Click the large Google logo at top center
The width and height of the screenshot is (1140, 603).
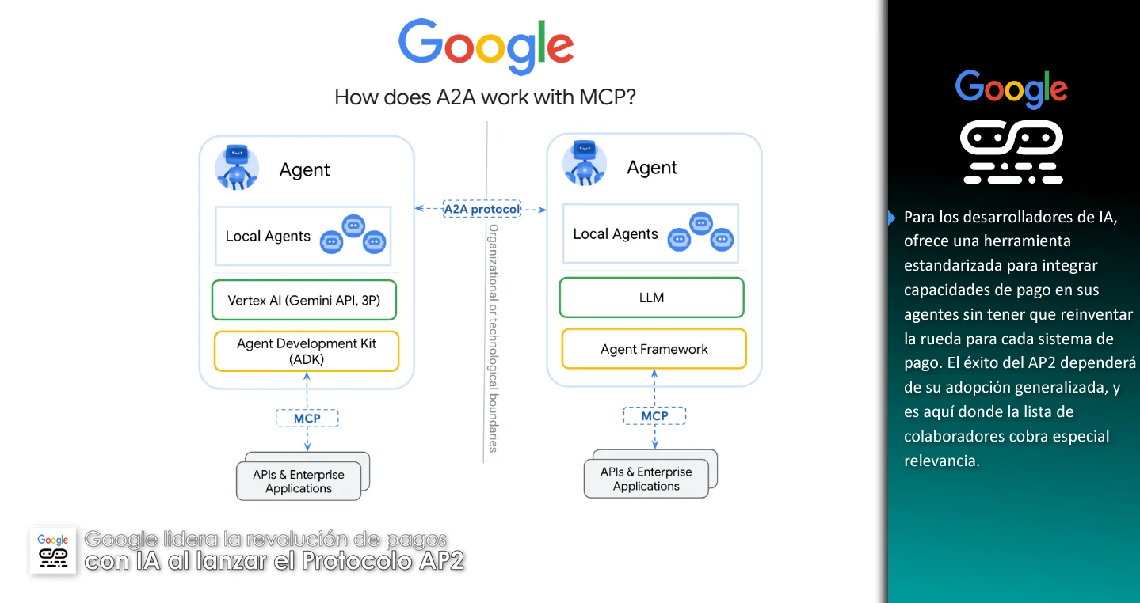[486, 46]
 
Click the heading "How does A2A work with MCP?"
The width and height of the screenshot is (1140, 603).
[486, 97]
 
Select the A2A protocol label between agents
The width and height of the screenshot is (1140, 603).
[482, 209]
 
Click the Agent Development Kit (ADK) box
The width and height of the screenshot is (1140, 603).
[307, 351]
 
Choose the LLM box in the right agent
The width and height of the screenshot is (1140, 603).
[651, 298]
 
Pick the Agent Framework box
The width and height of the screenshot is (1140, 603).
[654, 349]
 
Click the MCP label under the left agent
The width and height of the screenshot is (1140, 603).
[307, 418]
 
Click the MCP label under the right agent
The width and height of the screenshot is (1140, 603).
[654, 415]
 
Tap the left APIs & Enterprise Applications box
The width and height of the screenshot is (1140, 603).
[299, 481]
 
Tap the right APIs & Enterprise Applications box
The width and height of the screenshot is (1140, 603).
[646, 479]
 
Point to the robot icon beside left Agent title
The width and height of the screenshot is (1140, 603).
[237, 167]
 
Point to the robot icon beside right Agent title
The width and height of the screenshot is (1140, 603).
[585, 164]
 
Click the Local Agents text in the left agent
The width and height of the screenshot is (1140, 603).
[268, 237]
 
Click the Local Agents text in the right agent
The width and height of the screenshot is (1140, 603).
[616, 234]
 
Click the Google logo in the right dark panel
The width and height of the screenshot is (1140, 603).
[1011, 89]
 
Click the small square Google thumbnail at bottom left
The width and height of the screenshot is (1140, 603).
[53, 550]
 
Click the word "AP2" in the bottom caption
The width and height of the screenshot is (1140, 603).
[439, 562]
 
